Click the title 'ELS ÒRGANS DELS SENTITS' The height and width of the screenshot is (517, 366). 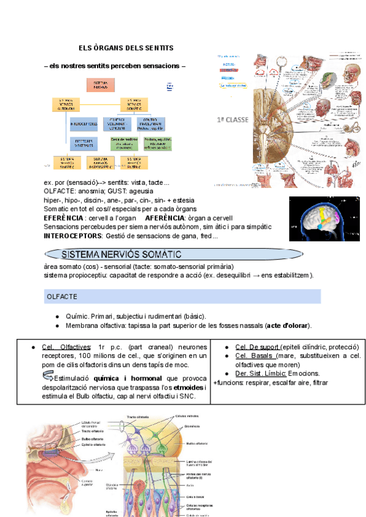(x=126, y=48)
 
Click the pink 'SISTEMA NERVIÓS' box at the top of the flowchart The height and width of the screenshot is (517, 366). (x=101, y=86)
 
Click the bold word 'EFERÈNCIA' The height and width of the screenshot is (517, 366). (x=64, y=218)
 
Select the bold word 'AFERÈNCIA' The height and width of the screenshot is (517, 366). (x=164, y=218)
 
